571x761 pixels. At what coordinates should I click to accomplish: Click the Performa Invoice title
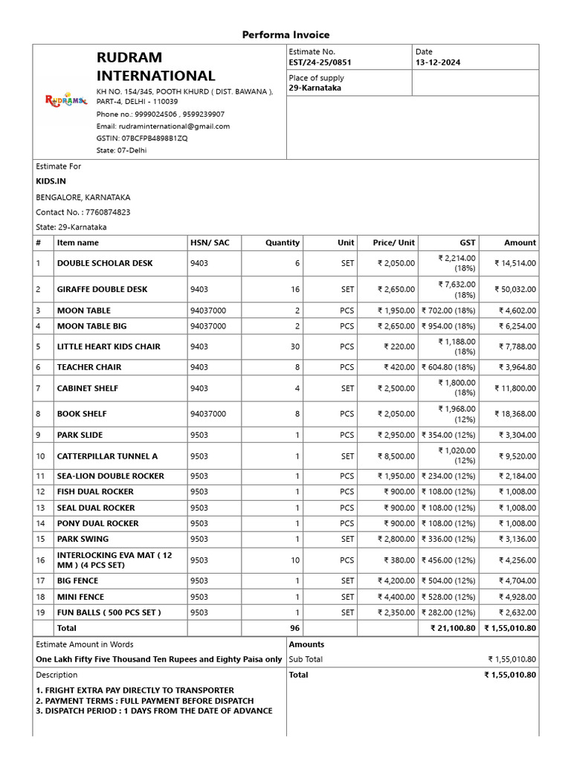point(285,35)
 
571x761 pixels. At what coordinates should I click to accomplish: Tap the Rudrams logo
point(66,100)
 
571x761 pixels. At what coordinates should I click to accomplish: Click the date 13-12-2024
point(438,62)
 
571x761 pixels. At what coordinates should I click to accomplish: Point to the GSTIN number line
point(142,138)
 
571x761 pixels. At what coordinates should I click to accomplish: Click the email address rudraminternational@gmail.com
point(163,126)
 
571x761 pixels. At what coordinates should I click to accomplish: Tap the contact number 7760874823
point(83,212)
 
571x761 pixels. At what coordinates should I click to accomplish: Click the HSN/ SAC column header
point(210,242)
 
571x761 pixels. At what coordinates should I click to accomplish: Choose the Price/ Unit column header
point(394,242)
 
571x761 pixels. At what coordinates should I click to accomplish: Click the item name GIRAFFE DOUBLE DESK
point(102,289)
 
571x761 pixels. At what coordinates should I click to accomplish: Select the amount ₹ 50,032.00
point(517,289)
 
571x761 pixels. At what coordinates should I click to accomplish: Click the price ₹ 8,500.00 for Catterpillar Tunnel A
point(396,456)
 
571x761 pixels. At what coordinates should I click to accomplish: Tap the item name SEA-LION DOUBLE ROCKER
point(110,476)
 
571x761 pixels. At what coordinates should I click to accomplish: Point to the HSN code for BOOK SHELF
point(208,414)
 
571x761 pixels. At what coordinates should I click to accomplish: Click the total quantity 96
point(294,628)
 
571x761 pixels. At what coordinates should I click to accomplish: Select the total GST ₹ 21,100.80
point(453,628)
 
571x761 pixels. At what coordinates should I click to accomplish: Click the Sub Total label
point(306,659)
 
